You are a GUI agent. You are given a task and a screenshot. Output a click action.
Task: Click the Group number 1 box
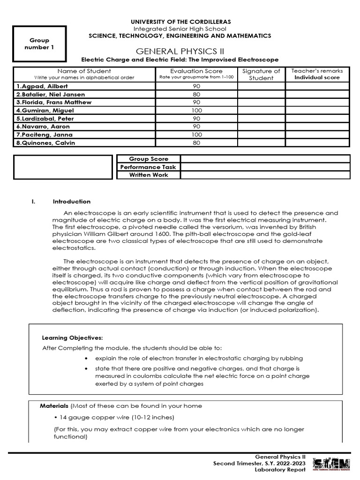coord(39,44)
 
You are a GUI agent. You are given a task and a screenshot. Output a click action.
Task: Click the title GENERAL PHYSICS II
coord(180,51)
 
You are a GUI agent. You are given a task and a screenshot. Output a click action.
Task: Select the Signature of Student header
coord(261,74)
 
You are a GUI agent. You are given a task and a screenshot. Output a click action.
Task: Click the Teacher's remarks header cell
coord(317,74)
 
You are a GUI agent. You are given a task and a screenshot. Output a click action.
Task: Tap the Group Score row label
coord(148,159)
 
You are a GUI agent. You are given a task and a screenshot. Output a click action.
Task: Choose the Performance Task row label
coord(148,167)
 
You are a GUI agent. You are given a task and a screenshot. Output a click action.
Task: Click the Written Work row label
coord(148,175)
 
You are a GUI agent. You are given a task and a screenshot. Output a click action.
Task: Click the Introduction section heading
coord(72,202)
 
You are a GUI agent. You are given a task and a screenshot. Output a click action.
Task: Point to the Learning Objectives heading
coord(72,337)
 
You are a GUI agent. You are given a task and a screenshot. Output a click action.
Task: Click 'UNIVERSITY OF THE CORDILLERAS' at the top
coord(180,22)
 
